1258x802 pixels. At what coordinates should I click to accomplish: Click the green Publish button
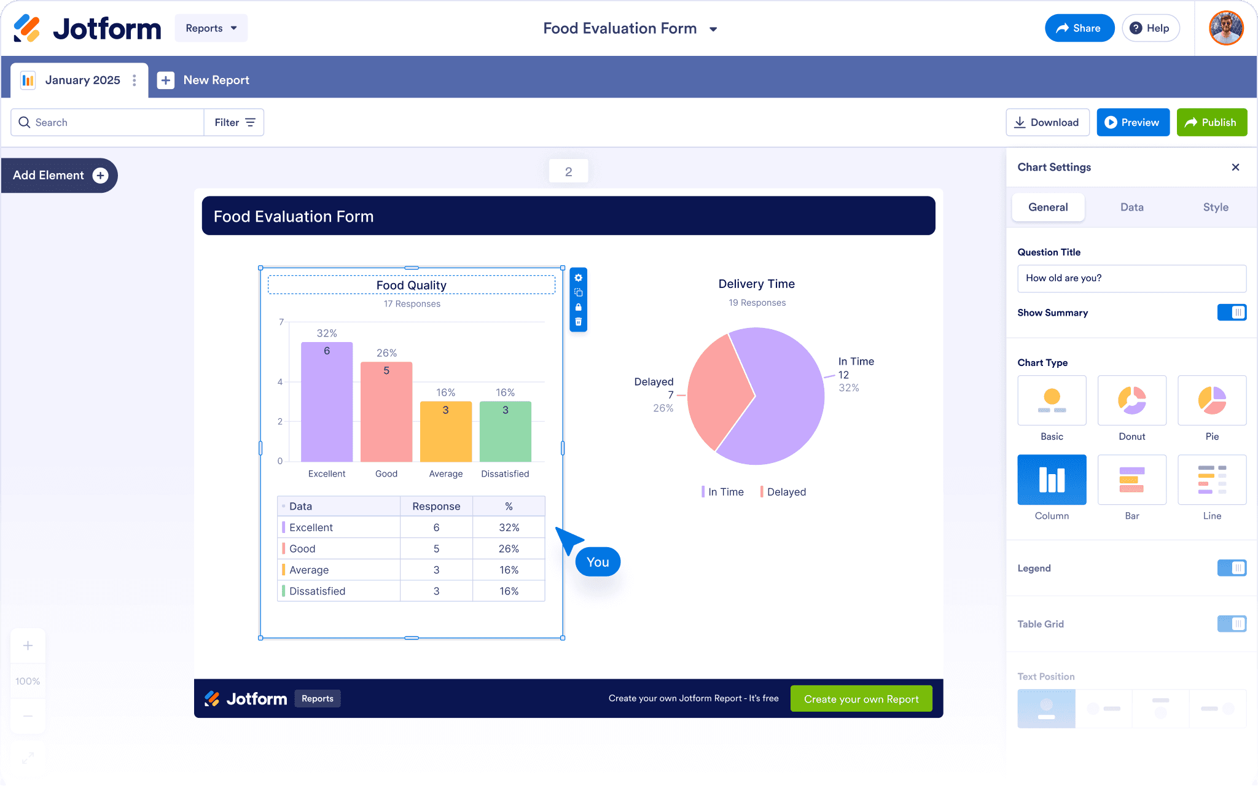coord(1211,122)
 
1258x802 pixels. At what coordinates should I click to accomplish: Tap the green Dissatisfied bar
coord(505,431)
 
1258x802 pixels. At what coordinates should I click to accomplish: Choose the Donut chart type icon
coord(1131,400)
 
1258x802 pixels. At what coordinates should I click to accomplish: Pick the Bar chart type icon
coord(1131,480)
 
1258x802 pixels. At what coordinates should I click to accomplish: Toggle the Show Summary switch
coord(1232,313)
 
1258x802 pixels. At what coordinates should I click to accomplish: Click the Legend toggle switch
coord(1232,568)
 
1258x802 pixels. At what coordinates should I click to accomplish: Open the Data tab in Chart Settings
coord(1131,208)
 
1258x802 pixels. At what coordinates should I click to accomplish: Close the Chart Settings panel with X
coord(1235,167)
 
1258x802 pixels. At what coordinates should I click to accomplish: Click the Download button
coord(1047,122)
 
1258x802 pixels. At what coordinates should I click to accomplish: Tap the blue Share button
coord(1079,28)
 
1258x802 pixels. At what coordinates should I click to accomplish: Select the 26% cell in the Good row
coord(509,548)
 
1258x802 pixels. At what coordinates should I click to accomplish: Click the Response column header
coord(436,506)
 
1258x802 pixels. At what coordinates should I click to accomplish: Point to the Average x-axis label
coord(446,473)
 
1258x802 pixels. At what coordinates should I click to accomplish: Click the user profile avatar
coord(1226,28)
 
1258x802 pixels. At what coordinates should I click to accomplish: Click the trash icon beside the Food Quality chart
coord(578,322)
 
